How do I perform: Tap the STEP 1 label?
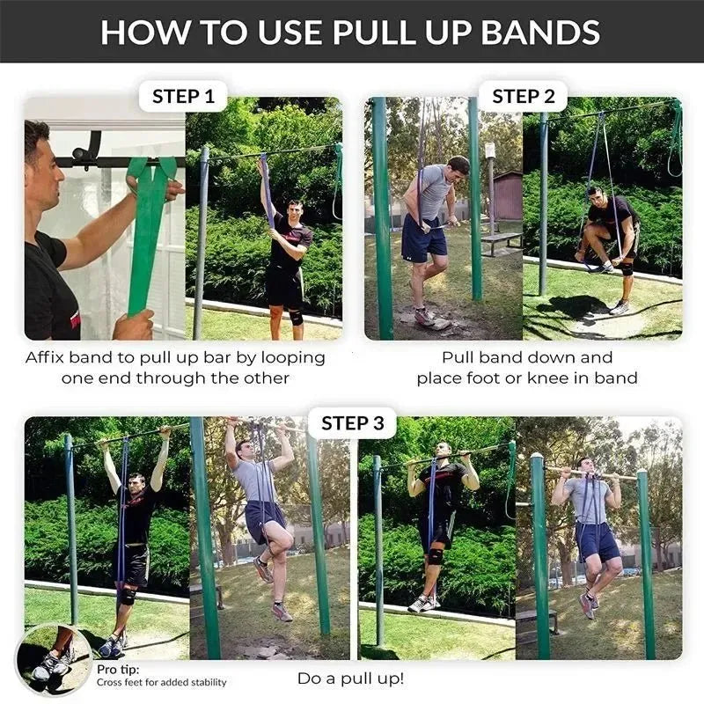(x=183, y=96)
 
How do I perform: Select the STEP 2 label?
(x=523, y=96)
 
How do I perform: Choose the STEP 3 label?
(x=352, y=423)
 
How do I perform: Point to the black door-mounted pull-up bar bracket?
(x=85, y=151)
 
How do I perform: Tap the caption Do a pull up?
(x=351, y=679)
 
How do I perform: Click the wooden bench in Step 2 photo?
(x=502, y=239)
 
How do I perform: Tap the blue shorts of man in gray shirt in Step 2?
(x=423, y=239)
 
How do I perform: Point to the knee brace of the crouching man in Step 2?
(x=627, y=267)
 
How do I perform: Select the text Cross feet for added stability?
(x=162, y=682)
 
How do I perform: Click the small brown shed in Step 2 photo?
(x=508, y=195)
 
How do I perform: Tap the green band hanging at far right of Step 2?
(x=675, y=141)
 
